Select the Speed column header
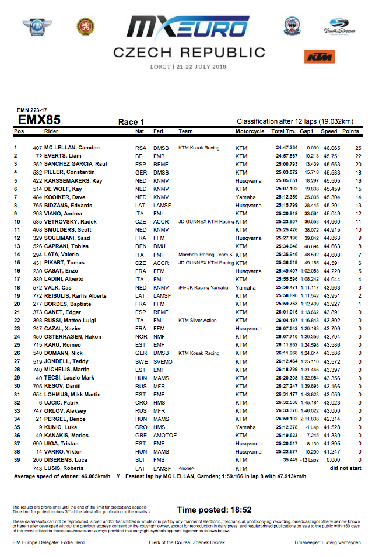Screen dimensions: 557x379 pyautogui.click(x=332, y=131)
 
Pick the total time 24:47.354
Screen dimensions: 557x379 pyautogui.click(x=287, y=148)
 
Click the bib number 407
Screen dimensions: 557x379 pyautogui.click(x=37, y=148)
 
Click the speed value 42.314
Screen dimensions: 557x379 pyautogui.click(x=332, y=419)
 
